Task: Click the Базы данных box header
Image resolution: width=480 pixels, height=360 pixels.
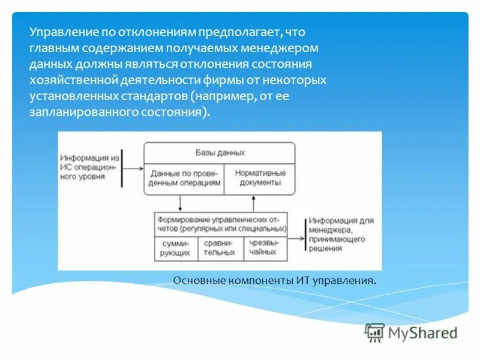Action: click(x=220, y=152)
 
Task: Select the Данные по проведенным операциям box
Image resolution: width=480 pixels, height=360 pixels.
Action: click(x=184, y=178)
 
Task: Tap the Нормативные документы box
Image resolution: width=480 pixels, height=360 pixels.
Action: click(x=260, y=178)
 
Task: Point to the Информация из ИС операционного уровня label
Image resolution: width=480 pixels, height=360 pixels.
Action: click(x=89, y=168)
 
